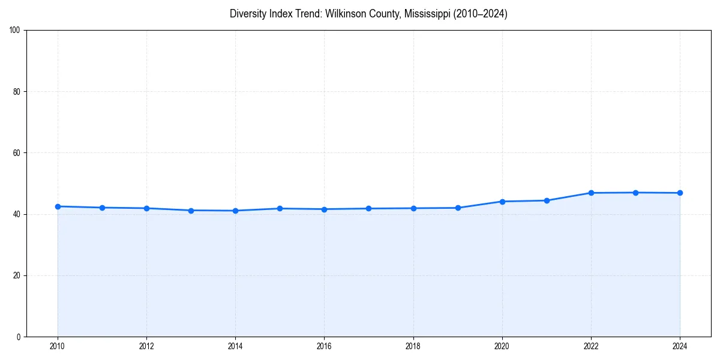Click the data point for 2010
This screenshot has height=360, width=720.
point(58,206)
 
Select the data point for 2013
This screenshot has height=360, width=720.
point(191,211)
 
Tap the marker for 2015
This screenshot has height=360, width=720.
point(280,208)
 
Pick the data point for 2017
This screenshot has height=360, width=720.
point(368,208)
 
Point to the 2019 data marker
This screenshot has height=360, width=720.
point(458,208)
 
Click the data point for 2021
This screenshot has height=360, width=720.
point(547,200)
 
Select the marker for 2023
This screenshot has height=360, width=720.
point(635,193)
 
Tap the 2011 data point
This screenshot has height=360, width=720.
point(102,208)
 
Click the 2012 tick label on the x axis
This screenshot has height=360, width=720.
point(146,346)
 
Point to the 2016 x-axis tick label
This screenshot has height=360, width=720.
point(324,346)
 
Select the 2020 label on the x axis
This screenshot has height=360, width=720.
point(502,346)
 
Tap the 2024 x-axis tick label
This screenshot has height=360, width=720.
point(680,346)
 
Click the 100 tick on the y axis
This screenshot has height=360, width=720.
point(15,31)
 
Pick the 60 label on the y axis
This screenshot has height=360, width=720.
point(17,153)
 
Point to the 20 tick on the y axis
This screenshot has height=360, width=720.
point(17,275)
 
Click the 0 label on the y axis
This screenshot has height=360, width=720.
point(19,337)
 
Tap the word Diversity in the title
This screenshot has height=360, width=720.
point(248,14)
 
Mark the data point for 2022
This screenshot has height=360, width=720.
point(591,193)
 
